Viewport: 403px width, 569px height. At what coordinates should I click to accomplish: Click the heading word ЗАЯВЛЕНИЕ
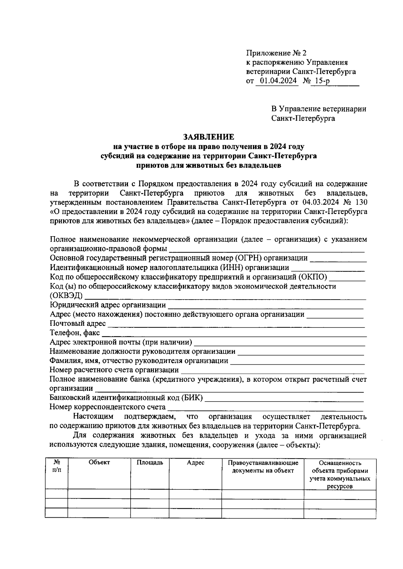(x=208, y=137)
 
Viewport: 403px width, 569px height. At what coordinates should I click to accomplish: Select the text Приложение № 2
(x=276, y=53)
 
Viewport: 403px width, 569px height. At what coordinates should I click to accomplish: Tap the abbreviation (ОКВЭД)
(x=66, y=296)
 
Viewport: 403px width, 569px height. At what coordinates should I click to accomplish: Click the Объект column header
(x=99, y=463)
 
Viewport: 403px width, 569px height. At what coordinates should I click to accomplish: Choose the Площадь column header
(x=150, y=463)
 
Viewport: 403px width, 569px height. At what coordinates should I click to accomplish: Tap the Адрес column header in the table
(x=195, y=463)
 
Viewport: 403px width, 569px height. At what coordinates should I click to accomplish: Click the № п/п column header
(x=57, y=466)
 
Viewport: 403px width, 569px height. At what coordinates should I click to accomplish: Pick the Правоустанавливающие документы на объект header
(x=263, y=467)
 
